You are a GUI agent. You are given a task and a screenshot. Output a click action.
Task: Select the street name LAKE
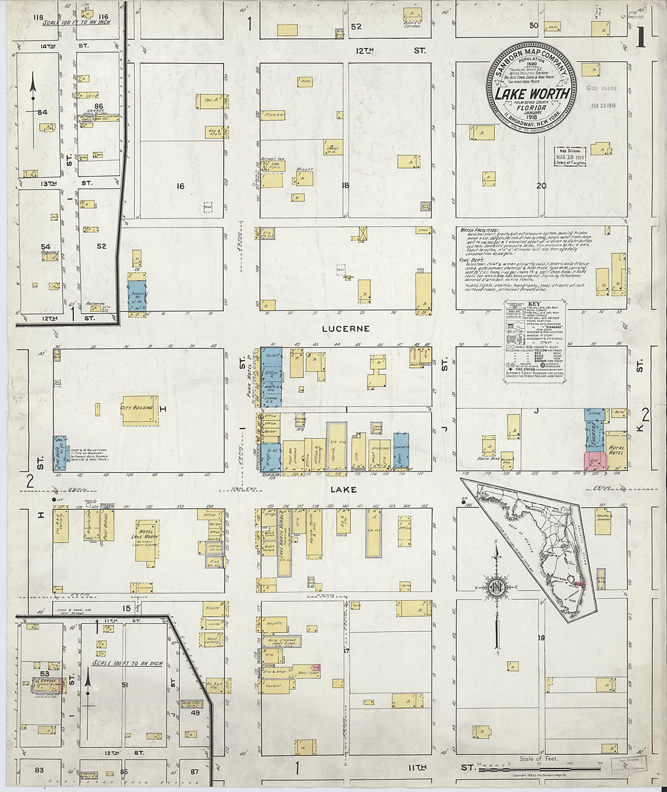[x=343, y=489]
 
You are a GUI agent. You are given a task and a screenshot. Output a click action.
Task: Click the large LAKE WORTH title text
[x=532, y=93]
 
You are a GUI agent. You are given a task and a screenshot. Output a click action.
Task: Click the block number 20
[x=541, y=186]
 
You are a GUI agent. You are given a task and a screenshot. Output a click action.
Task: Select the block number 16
[x=180, y=186]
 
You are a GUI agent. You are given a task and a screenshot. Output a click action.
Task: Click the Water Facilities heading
[x=475, y=231]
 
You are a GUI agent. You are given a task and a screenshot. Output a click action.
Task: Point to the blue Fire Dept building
[x=59, y=453]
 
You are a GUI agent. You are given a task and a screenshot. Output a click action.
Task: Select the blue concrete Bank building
[x=401, y=451]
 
